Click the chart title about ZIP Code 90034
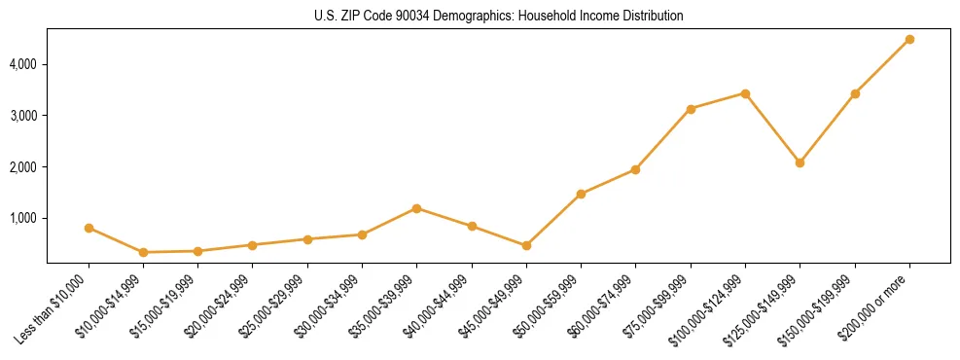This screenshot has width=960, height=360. coord(498,17)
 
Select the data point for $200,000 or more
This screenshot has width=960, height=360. coord(909,39)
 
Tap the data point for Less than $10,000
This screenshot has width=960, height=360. coord(89,228)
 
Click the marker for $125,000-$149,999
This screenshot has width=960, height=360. coord(800,162)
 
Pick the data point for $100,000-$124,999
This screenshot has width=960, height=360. coord(745,93)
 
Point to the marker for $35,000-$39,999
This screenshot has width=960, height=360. coord(416,208)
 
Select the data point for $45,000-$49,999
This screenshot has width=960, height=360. coord(526,245)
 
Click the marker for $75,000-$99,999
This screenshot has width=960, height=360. coord(691,109)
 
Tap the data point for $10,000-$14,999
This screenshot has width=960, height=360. coord(143,252)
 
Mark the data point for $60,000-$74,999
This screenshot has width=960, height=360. coord(635,169)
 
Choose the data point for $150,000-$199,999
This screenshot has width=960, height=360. coord(855,93)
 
